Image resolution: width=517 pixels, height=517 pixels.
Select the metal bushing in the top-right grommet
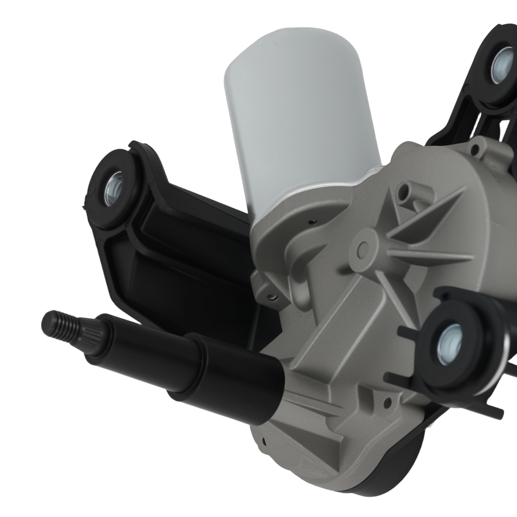coord(501,65)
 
